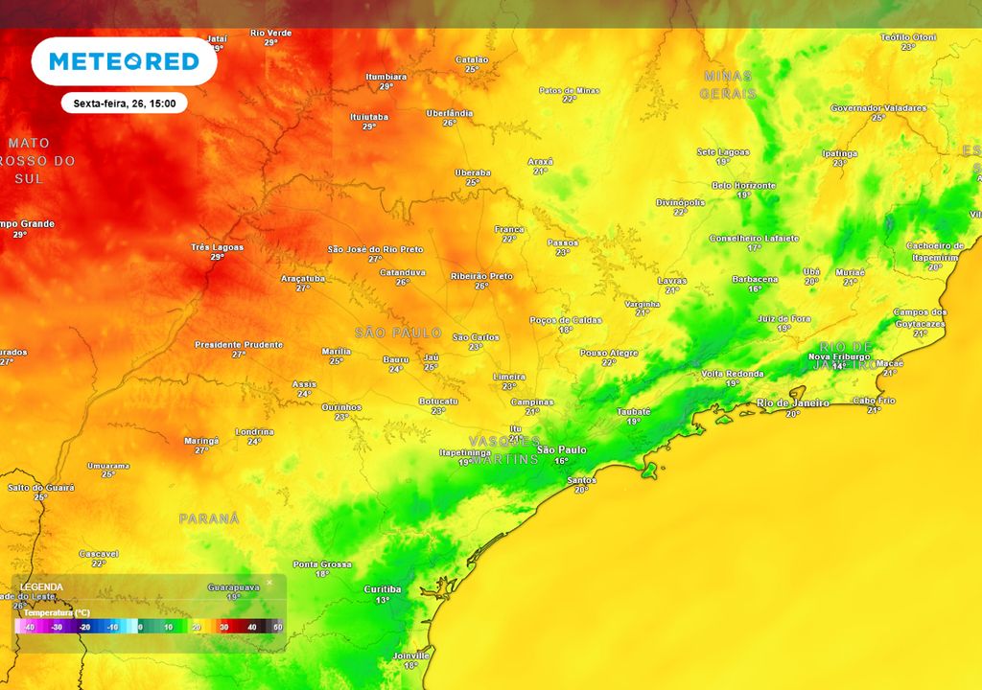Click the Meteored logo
(x=124, y=61)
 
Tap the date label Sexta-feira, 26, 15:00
(x=124, y=103)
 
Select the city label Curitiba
(x=383, y=588)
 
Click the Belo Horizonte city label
(x=743, y=184)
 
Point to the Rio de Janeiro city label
(x=792, y=402)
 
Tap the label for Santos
(x=581, y=480)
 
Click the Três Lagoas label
(x=217, y=246)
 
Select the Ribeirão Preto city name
(x=481, y=275)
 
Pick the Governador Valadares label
(x=877, y=107)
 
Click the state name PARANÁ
(x=208, y=517)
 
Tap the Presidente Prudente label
(x=239, y=344)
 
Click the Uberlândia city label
(x=449, y=112)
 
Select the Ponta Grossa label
(x=322, y=563)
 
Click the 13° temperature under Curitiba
(x=383, y=600)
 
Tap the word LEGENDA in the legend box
(x=41, y=586)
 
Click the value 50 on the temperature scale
(x=278, y=626)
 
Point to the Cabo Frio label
(x=874, y=400)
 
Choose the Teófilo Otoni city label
(x=907, y=36)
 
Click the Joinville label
(x=410, y=655)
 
